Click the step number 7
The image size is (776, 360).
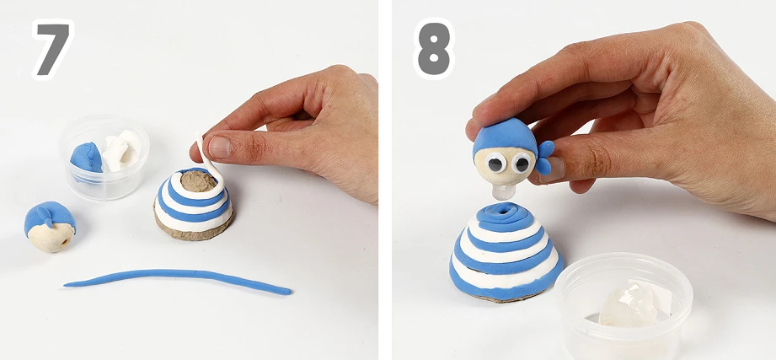pyautogui.click(x=53, y=49)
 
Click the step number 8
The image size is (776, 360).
pyautogui.click(x=434, y=49)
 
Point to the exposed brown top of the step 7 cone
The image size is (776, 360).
pyautogui.click(x=198, y=180)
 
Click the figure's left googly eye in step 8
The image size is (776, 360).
pyautogui.click(x=495, y=163)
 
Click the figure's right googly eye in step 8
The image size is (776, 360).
pyautogui.click(x=521, y=163)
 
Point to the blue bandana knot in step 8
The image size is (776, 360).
pyautogui.click(x=544, y=156)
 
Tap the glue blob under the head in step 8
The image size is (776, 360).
pyautogui.click(x=504, y=191)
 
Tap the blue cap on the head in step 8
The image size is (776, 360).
pyautogui.click(x=505, y=135)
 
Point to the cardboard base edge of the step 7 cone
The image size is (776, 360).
pyautogui.click(x=193, y=233)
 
